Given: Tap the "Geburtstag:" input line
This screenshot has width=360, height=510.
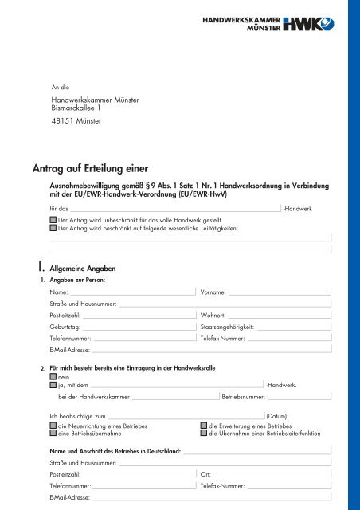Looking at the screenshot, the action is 138,326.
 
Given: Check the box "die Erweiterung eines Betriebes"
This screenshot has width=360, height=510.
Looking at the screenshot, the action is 203,426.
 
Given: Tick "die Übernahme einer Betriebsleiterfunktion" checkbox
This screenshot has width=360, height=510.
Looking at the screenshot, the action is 203,434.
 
